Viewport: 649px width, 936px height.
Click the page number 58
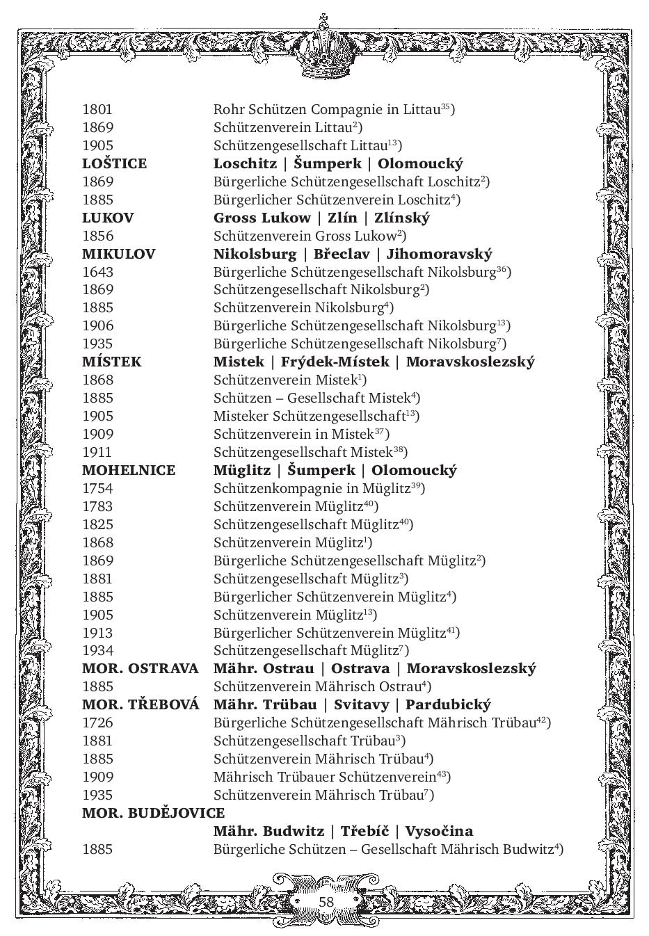point(326,902)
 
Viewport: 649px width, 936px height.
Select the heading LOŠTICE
point(114,164)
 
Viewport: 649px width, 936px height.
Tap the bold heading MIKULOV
point(118,255)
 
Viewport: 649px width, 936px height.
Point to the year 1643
point(97,273)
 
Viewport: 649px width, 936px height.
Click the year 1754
point(97,489)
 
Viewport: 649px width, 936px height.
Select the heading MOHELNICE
point(129,471)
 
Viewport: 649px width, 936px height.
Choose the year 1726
point(97,723)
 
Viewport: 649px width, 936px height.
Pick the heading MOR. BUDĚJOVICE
point(153,814)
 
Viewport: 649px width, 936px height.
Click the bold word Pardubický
point(448,705)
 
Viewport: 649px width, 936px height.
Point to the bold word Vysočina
point(439,832)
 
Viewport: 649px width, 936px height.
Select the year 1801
point(97,110)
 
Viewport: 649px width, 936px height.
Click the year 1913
point(97,634)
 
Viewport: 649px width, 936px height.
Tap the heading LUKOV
point(108,218)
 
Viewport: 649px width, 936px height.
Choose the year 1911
point(97,453)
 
